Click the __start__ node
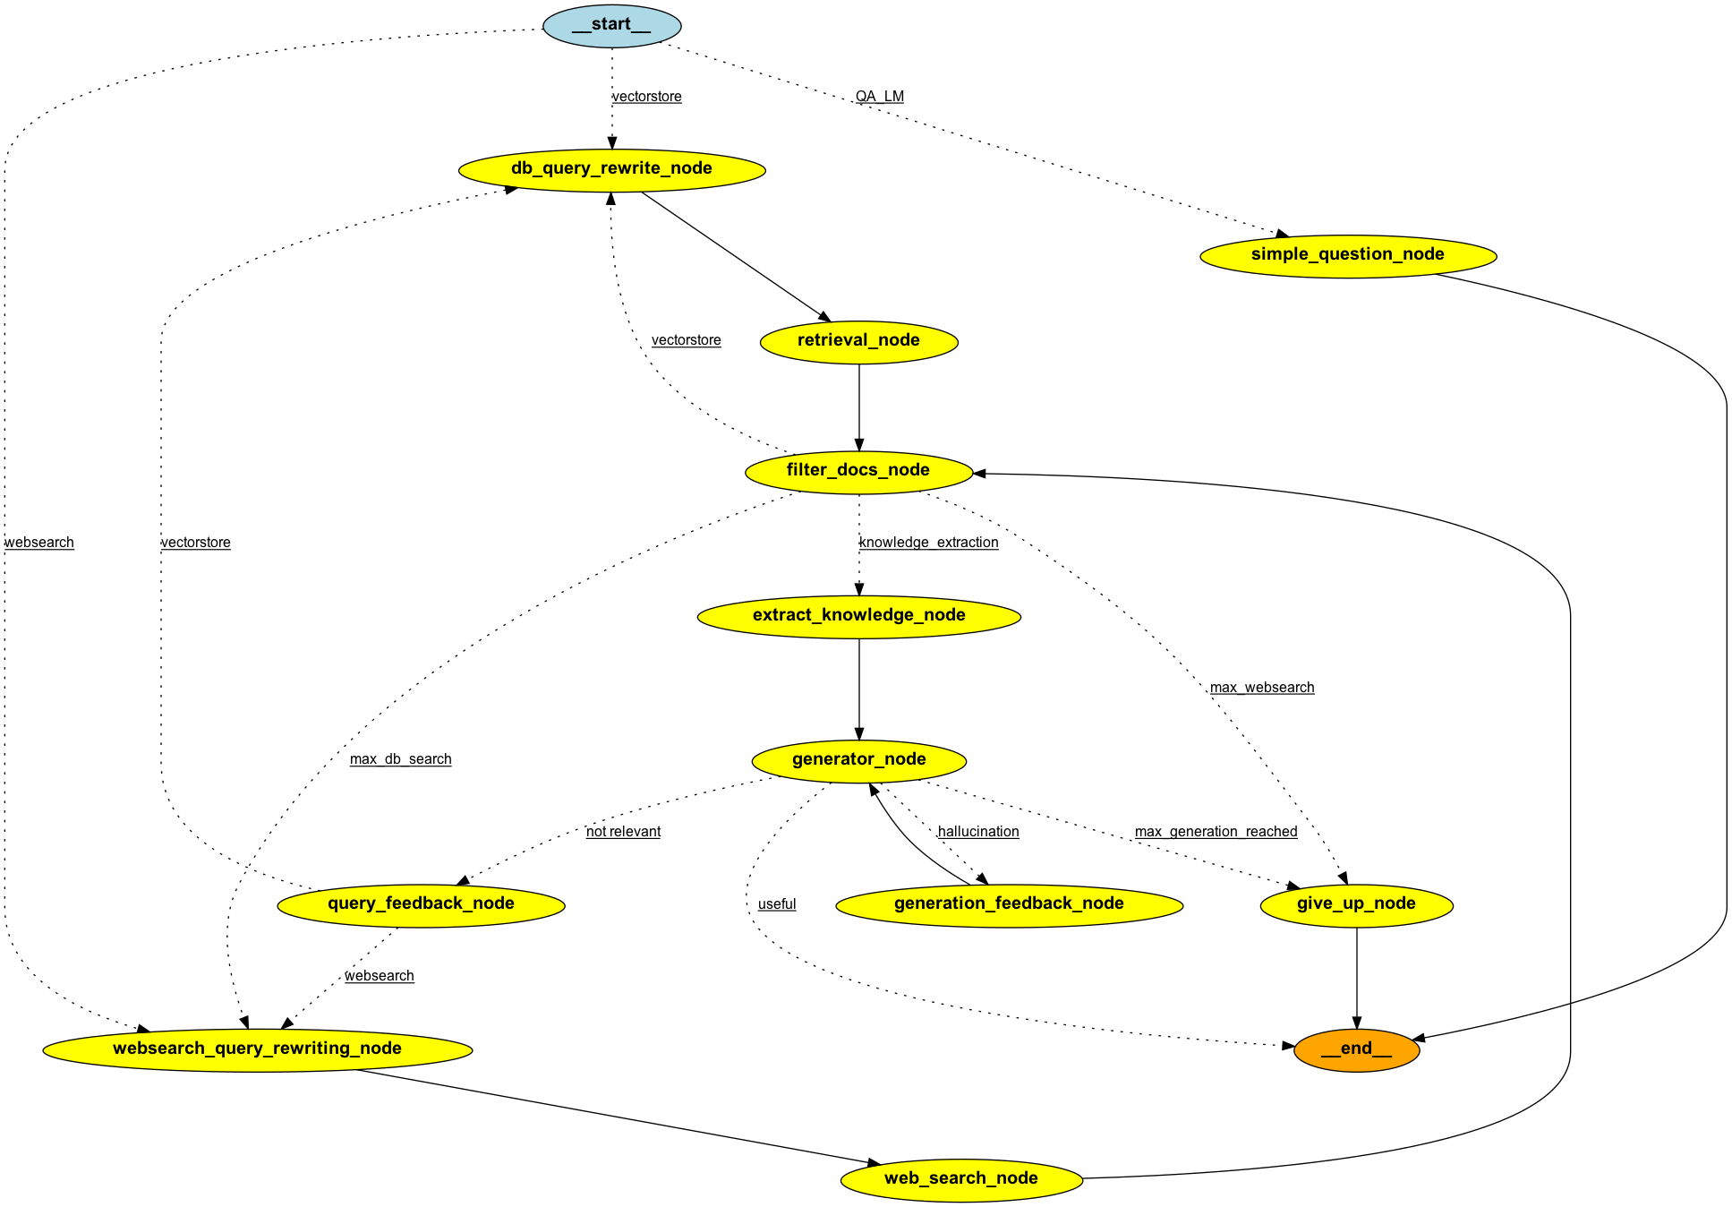click(611, 25)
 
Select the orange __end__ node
click(1356, 1049)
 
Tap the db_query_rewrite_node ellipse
click(611, 169)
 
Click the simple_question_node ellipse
click(1347, 255)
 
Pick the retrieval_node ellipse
click(858, 341)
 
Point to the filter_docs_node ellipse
click(858, 471)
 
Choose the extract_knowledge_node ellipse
click(858, 616)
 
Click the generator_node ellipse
click(858, 760)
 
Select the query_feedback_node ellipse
click(421, 904)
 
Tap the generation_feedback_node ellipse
click(1009, 904)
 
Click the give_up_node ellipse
click(1356, 904)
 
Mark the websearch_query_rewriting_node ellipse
click(257, 1049)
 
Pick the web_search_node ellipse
click(961, 1179)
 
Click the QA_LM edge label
click(879, 97)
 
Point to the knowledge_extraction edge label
click(928, 543)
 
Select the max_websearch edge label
click(1262, 688)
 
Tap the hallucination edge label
click(978, 832)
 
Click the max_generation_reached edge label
click(1216, 832)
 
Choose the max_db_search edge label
click(400, 759)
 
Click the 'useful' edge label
click(776, 904)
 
